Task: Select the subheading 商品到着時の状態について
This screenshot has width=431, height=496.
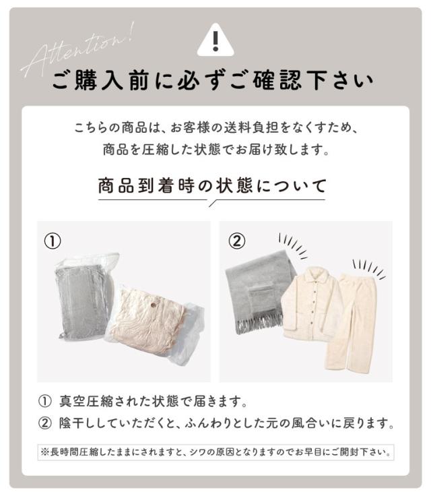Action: pyautogui.click(x=212, y=185)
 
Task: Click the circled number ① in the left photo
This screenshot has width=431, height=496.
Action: pyautogui.click(x=53, y=241)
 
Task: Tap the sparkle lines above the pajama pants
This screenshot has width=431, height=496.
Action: pyautogui.click(x=369, y=267)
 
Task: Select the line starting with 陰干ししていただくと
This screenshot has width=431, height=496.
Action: pyautogui.click(x=222, y=424)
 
